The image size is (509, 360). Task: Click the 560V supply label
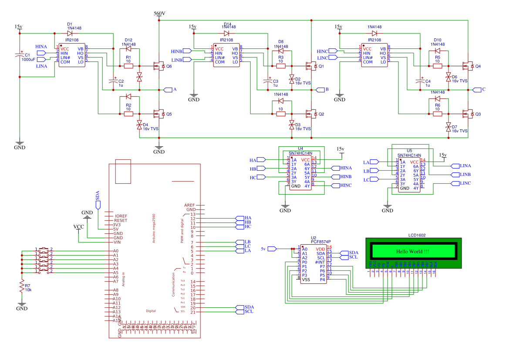(159, 13)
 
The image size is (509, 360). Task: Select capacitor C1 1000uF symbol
(20, 56)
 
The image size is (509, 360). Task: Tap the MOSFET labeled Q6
(157, 66)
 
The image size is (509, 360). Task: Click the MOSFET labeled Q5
(157, 114)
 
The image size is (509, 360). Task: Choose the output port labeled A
(168, 90)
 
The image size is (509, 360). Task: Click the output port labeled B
(320, 90)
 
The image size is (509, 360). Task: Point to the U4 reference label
(300, 148)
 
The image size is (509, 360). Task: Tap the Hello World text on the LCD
(412, 252)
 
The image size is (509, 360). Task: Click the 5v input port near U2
(272, 249)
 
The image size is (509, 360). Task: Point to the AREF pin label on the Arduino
(189, 205)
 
